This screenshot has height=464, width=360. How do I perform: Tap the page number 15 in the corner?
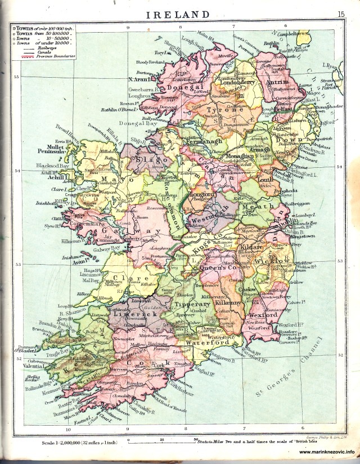pyautogui.click(x=341, y=15)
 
